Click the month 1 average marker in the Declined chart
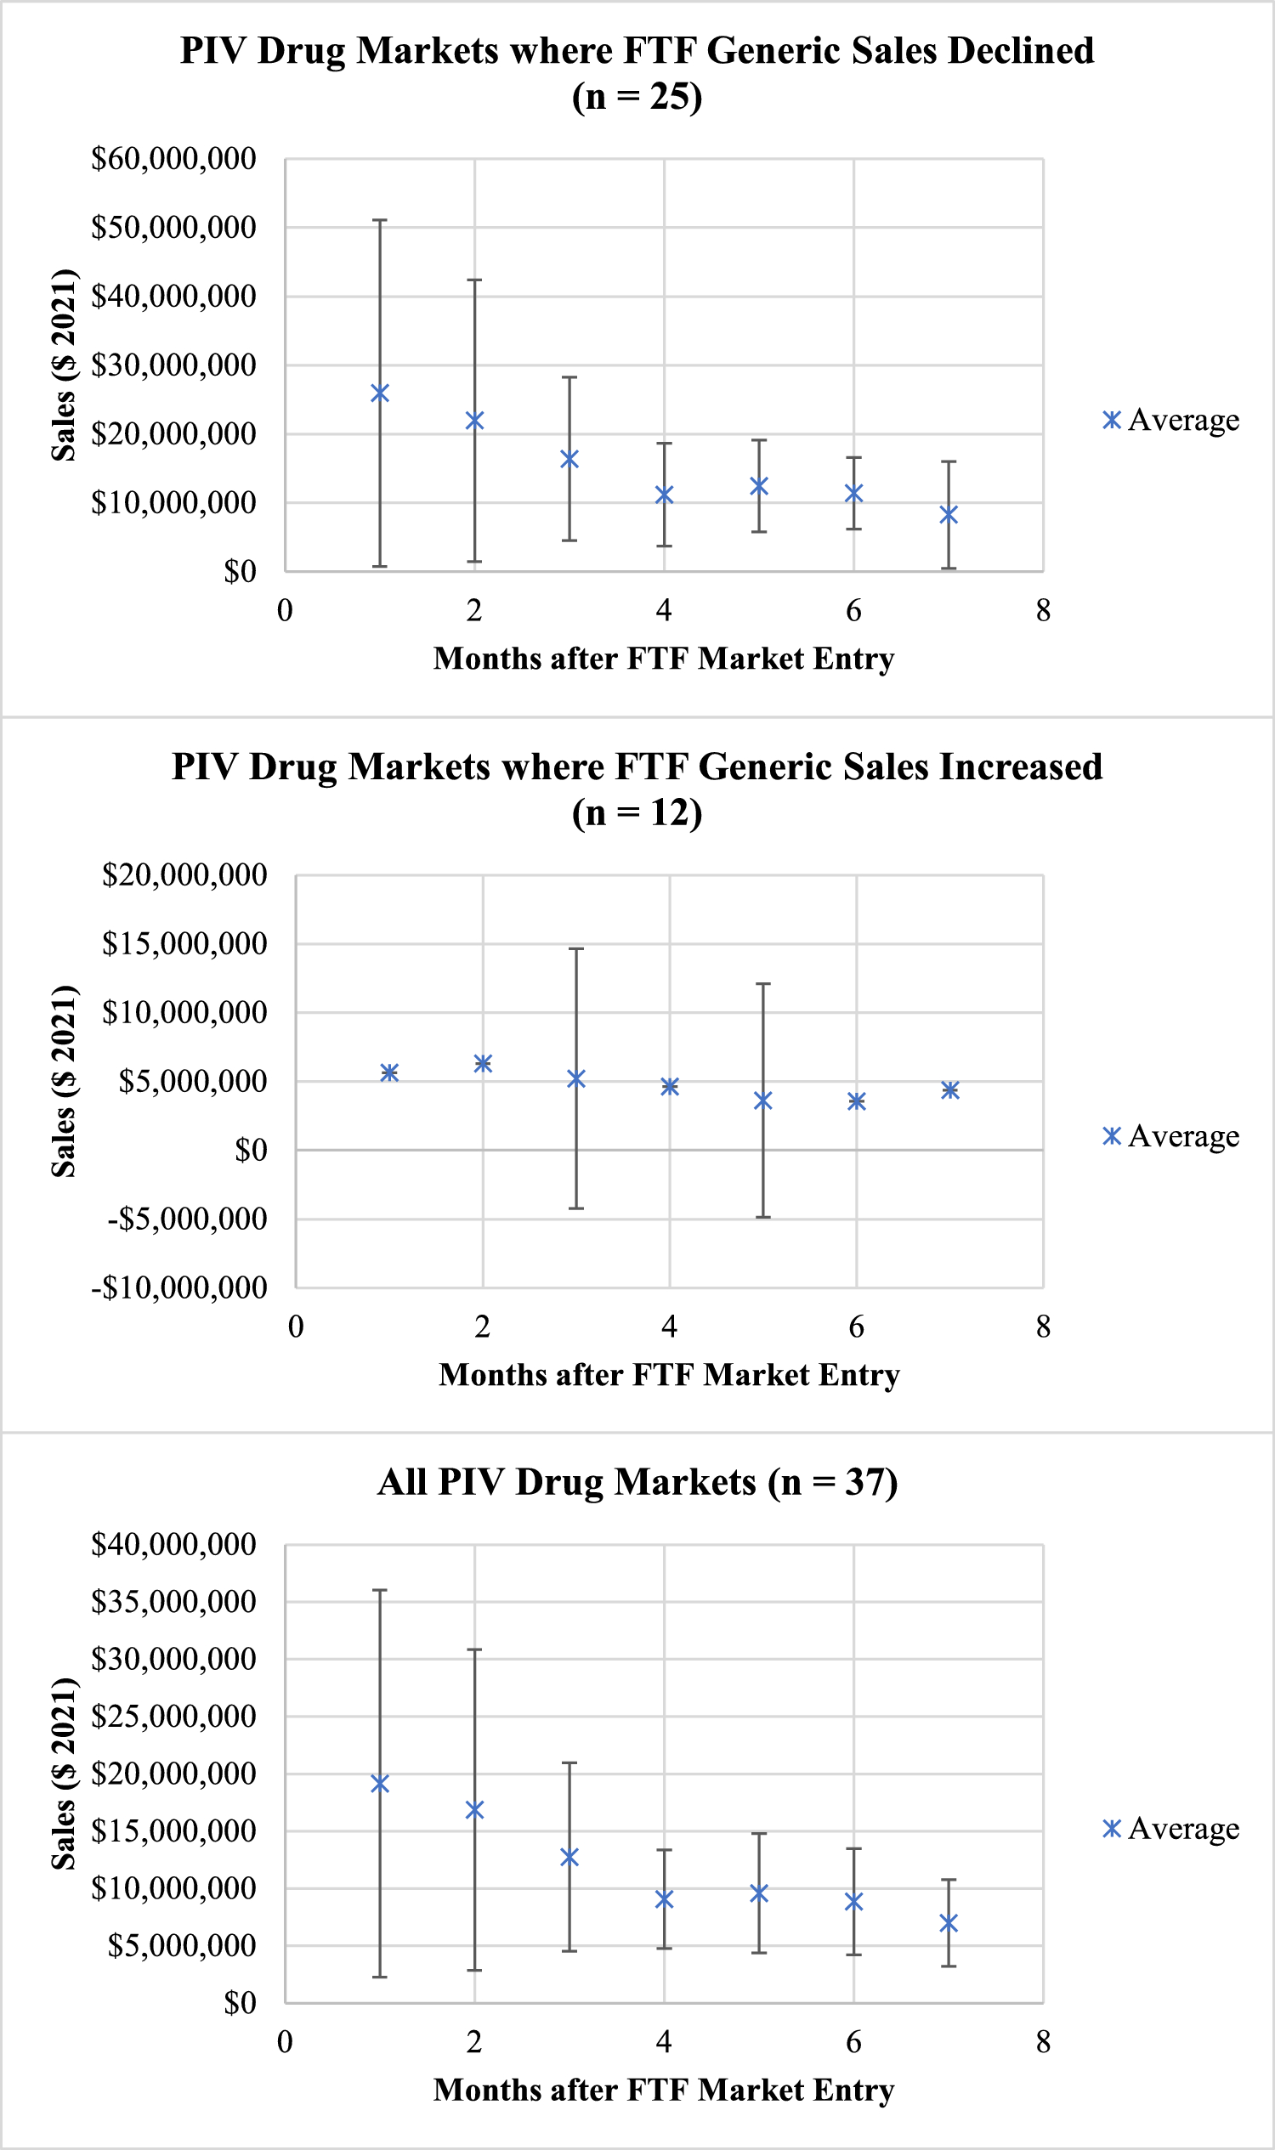pyautogui.click(x=380, y=393)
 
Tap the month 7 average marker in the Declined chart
pyautogui.click(x=949, y=514)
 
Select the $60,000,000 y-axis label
pyautogui.click(x=173, y=159)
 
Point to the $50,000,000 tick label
pyautogui.click(x=173, y=228)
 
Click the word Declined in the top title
pyautogui.click(x=1021, y=51)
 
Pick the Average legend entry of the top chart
pyautogui.click(x=1171, y=420)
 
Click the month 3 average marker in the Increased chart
pyautogui.click(x=576, y=1079)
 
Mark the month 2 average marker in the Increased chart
pyautogui.click(x=483, y=1064)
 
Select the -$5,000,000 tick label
pyautogui.click(x=187, y=1219)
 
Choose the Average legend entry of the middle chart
pyautogui.click(x=1171, y=1136)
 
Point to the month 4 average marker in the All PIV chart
pyautogui.click(x=664, y=1899)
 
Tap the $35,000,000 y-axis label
pyautogui.click(x=173, y=1602)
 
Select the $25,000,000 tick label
pyautogui.click(x=173, y=1717)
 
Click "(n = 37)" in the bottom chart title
pyautogui.click(x=832, y=1483)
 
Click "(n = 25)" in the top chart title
pyautogui.click(x=637, y=97)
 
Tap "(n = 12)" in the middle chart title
pyautogui.click(x=637, y=812)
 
